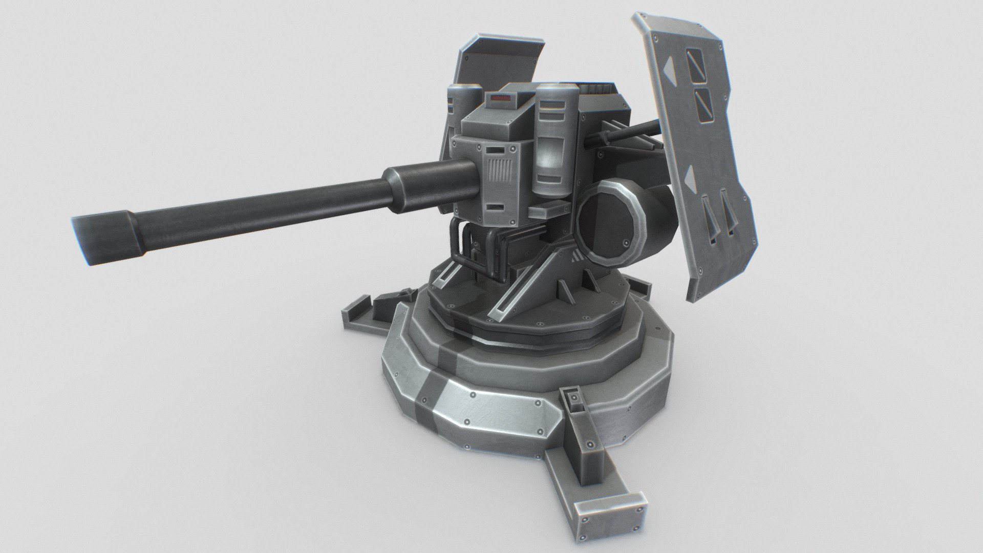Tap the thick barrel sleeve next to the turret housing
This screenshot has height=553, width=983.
pos(430,184)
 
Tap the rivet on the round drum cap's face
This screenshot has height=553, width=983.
pos(626,242)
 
